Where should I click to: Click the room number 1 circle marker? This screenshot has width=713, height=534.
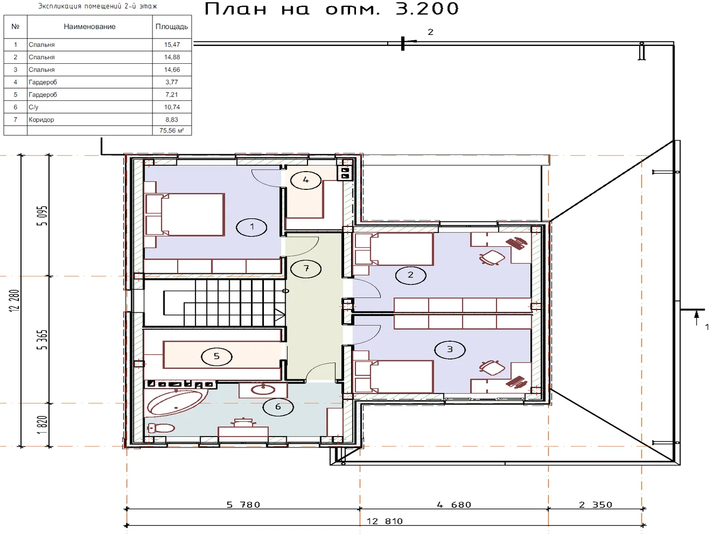(252, 227)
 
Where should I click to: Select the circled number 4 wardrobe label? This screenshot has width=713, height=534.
(306, 180)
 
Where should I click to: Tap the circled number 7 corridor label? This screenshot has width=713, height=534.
(306, 269)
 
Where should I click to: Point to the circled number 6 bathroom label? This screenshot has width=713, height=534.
(278, 407)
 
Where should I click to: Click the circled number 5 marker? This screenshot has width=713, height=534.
(217, 356)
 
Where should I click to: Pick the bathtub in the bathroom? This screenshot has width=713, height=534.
(177, 402)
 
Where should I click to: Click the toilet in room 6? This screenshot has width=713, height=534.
(161, 428)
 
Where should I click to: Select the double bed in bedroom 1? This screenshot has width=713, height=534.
(185, 215)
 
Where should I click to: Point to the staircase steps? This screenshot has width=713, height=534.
(224, 303)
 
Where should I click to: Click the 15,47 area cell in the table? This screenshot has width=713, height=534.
(172, 44)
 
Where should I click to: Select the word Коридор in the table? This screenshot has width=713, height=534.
(41, 120)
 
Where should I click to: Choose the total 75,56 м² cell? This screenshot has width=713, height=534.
(172, 131)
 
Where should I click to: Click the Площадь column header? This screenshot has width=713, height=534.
(171, 27)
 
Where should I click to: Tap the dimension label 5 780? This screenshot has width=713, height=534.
(243, 505)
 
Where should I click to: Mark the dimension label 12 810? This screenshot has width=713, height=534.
(385, 521)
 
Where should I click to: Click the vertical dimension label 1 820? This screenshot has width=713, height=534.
(43, 425)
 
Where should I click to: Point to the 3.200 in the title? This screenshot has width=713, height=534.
(427, 9)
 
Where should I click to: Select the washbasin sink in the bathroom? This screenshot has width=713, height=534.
(263, 390)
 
